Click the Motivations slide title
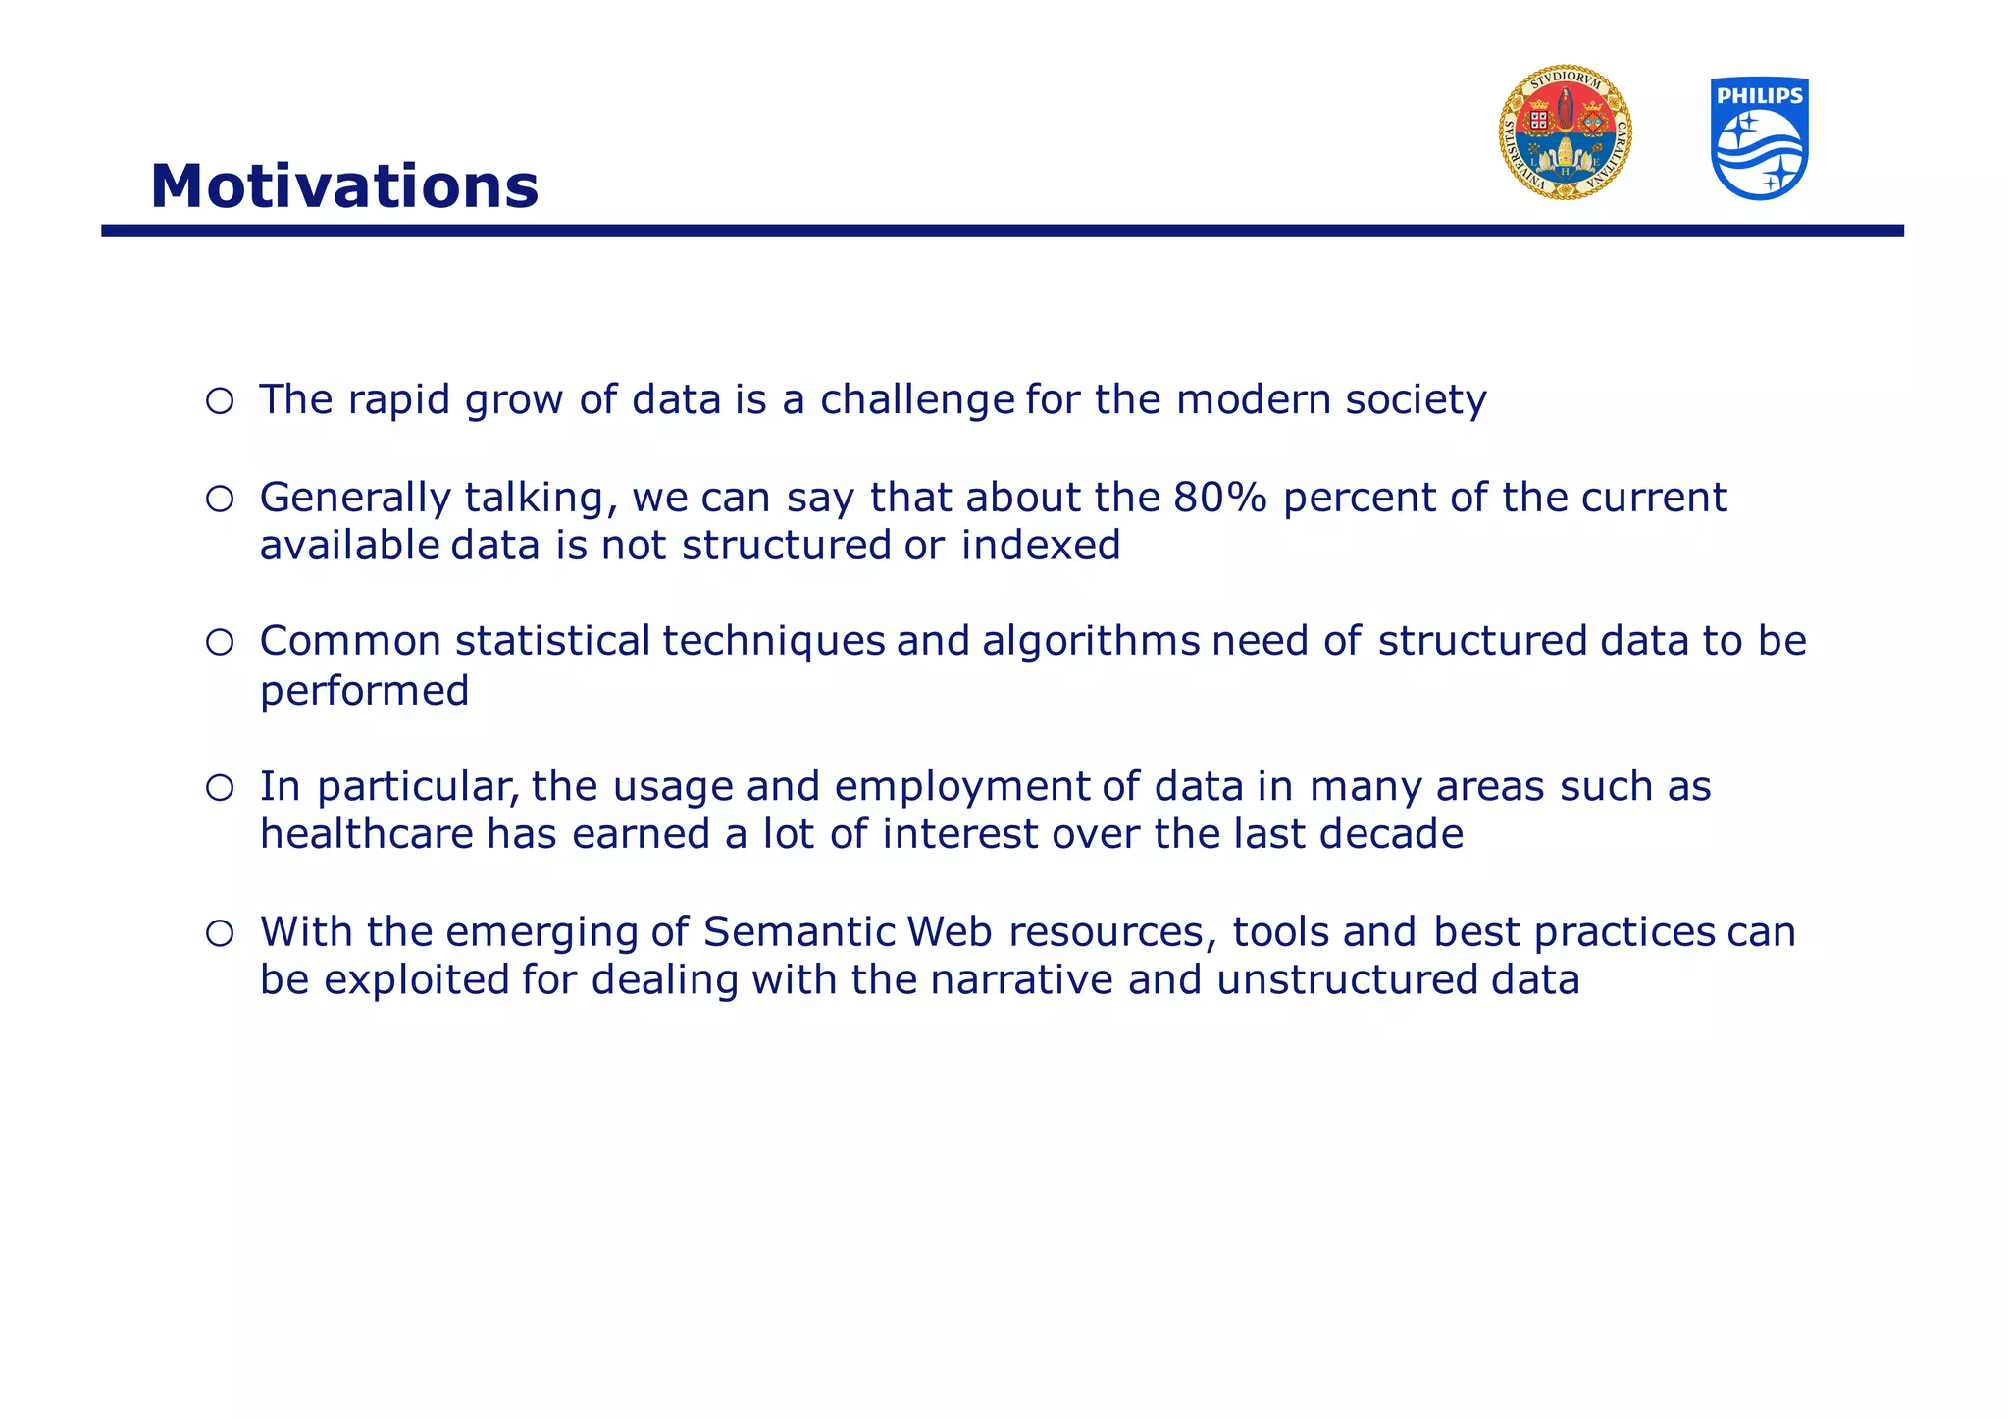344,186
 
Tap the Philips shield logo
1759,138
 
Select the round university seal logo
1565,133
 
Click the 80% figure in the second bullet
1220,498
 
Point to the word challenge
917,400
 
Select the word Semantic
799,932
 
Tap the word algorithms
1091,642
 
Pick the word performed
364,692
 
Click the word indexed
1040,546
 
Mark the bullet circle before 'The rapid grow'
220,400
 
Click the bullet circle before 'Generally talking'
220,500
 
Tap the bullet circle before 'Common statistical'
220,643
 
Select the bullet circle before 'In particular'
220,788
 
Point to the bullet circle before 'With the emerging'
220,933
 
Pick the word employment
961,788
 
